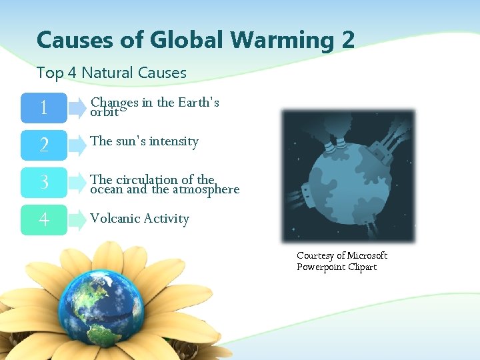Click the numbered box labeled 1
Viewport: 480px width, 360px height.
click(43, 107)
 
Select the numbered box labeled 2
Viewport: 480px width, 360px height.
click(43, 145)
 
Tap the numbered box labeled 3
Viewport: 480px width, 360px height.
click(43, 182)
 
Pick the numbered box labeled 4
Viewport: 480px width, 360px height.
click(43, 219)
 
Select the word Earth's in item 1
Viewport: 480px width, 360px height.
click(197, 103)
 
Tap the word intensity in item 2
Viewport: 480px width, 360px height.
click(173, 141)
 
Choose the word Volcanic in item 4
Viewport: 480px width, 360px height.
click(114, 218)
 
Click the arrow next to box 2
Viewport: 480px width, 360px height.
click(79, 145)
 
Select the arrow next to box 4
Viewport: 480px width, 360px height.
click(79, 219)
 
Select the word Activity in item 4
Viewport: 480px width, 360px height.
click(167, 218)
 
